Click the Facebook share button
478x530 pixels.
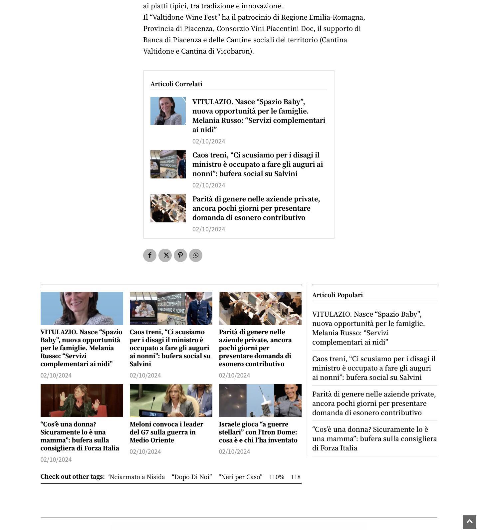tap(150, 255)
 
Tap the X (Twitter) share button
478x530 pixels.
tap(165, 255)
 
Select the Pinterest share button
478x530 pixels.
tap(180, 255)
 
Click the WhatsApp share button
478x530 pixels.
tap(196, 255)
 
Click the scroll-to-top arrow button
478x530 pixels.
tap(469, 522)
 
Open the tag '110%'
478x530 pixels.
tap(277, 477)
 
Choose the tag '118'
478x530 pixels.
tap(296, 477)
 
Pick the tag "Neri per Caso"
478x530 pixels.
tap(240, 477)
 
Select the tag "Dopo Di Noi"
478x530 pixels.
tap(192, 477)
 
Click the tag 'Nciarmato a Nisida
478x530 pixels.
tap(136, 477)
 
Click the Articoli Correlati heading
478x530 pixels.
tap(176, 84)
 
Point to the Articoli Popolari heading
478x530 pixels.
tap(338, 295)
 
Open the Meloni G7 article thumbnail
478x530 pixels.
tap(171, 400)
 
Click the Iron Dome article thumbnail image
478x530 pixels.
tap(260, 400)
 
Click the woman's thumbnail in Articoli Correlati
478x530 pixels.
tap(168, 111)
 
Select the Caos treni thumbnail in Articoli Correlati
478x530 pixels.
tap(168, 164)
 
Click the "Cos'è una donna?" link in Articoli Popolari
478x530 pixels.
tap(374, 439)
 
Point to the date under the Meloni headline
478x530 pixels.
tap(145, 452)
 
